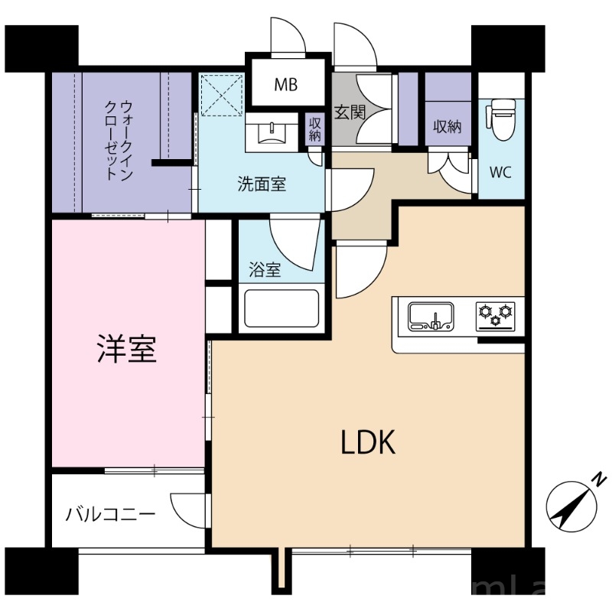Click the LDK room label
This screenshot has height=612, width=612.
pyautogui.click(x=368, y=441)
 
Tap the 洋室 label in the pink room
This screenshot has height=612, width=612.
pyautogui.click(x=127, y=349)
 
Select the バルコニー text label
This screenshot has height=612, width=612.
pyautogui.click(x=110, y=513)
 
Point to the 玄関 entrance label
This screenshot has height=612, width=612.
pyautogui.click(x=350, y=112)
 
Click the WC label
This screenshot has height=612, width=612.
pyautogui.click(x=501, y=171)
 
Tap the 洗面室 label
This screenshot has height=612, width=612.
pyautogui.click(x=261, y=184)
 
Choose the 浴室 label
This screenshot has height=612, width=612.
pyautogui.click(x=265, y=269)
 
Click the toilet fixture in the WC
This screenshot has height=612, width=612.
pyautogui.click(x=503, y=119)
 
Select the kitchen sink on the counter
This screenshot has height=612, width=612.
pyautogui.click(x=431, y=316)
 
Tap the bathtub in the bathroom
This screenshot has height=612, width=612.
pyautogui.click(x=280, y=309)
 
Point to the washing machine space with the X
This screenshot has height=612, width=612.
pyautogui.click(x=220, y=95)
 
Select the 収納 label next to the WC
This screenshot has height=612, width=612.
pyautogui.click(x=448, y=127)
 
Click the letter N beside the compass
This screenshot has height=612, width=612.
pyautogui.click(x=599, y=480)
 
